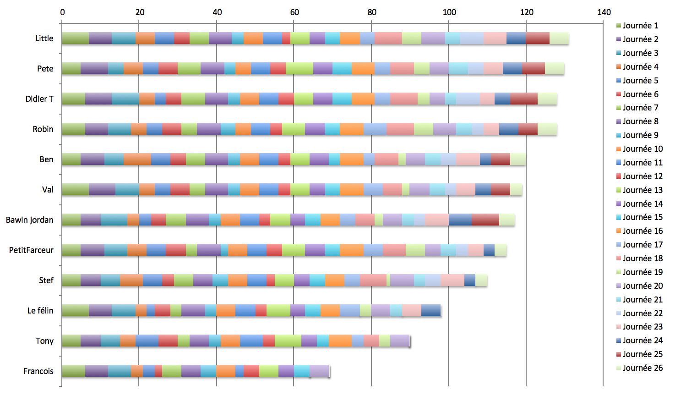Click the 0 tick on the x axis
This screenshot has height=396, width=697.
tap(62, 12)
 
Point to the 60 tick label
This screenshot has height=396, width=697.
tap(294, 12)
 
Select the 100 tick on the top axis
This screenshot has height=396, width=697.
tap(449, 12)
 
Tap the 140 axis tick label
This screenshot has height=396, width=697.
tap(604, 12)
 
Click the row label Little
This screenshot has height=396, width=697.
tap(44, 38)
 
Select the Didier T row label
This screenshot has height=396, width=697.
tap(39, 99)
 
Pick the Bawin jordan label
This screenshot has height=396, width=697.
tap(30, 220)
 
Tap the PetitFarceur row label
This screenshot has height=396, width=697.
tap(31, 250)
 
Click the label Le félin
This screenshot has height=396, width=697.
tap(40, 311)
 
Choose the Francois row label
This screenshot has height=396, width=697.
tap(38, 371)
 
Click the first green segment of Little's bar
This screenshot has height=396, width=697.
tap(75, 38)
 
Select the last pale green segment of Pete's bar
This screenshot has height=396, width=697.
tap(555, 69)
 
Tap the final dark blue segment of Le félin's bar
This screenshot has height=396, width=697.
tap(431, 311)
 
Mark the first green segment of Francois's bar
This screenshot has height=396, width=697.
tap(73, 371)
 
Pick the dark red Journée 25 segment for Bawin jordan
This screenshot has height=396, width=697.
tap(485, 220)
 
